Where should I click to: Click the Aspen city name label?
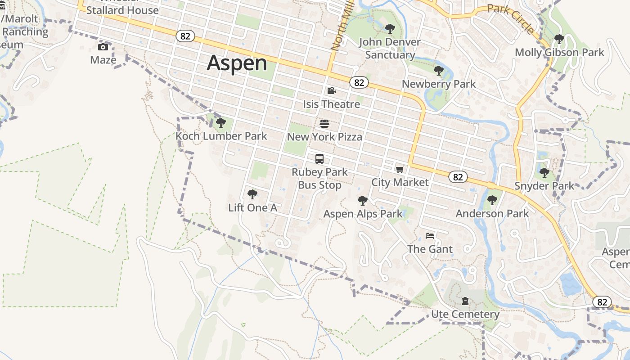(x=237, y=63)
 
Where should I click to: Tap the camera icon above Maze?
(x=103, y=47)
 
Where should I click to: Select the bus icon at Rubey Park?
(x=319, y=159)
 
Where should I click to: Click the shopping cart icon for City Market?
(x=400, y=169)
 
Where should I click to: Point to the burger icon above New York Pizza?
(x=324, y=124)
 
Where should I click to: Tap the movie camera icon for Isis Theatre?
(x=332, y=91)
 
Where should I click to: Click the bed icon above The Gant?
(x=430, y=236)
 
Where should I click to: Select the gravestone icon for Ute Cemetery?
(x=465, y=301)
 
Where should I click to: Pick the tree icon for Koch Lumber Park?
(x=220, y=122)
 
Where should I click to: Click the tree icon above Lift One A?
(x=252, y=194)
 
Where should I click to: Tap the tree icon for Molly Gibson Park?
(x=559, y=39)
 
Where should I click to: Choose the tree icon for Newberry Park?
(x=438, y=71)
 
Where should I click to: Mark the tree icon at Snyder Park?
(x=544, y=172)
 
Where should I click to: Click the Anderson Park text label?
(x=492, y=213)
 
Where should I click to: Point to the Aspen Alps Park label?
(x=363, y=214)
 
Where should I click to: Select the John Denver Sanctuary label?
(x=390, y=49)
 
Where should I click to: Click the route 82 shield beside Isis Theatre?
(x=359, y=82)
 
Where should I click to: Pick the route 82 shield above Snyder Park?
(x=458, y=177)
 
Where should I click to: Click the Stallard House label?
(x=122, y=10)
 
